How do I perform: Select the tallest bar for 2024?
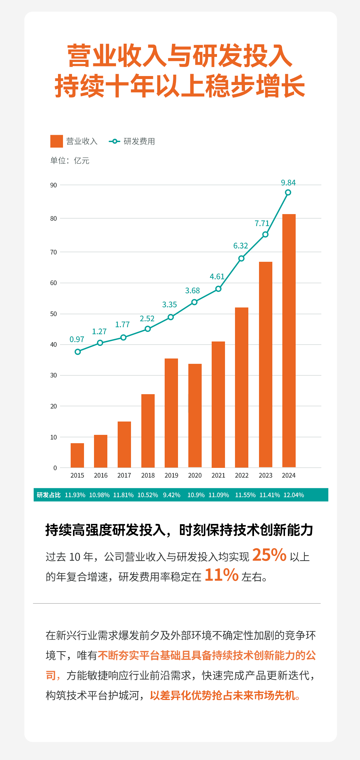[x=289, y=340]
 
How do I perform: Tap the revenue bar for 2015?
[x=77, y=455]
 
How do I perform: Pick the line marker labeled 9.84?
[x=288, y=192]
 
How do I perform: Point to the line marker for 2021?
[x=218, y=289]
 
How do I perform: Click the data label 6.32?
[x=241, y=246]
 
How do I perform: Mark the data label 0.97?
[x=77, y=339]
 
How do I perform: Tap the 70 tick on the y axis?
[x=54, y=252]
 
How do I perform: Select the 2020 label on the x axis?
[x=195, y=476]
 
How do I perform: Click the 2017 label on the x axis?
[x=124, y=476]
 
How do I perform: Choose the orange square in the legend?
[x=57, y=141]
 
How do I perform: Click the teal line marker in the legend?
[x=114, y=141]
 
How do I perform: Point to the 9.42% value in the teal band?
[x=172, y=495]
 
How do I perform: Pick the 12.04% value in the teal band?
[x=294, y=495]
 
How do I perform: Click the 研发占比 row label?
[x=49, y=495]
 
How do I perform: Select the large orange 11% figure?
[x=222, y=575]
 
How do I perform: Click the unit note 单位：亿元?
[x=70, y=161]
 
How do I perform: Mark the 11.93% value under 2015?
[x=75, y=495]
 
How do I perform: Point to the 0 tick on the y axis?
[x=55, y=468]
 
